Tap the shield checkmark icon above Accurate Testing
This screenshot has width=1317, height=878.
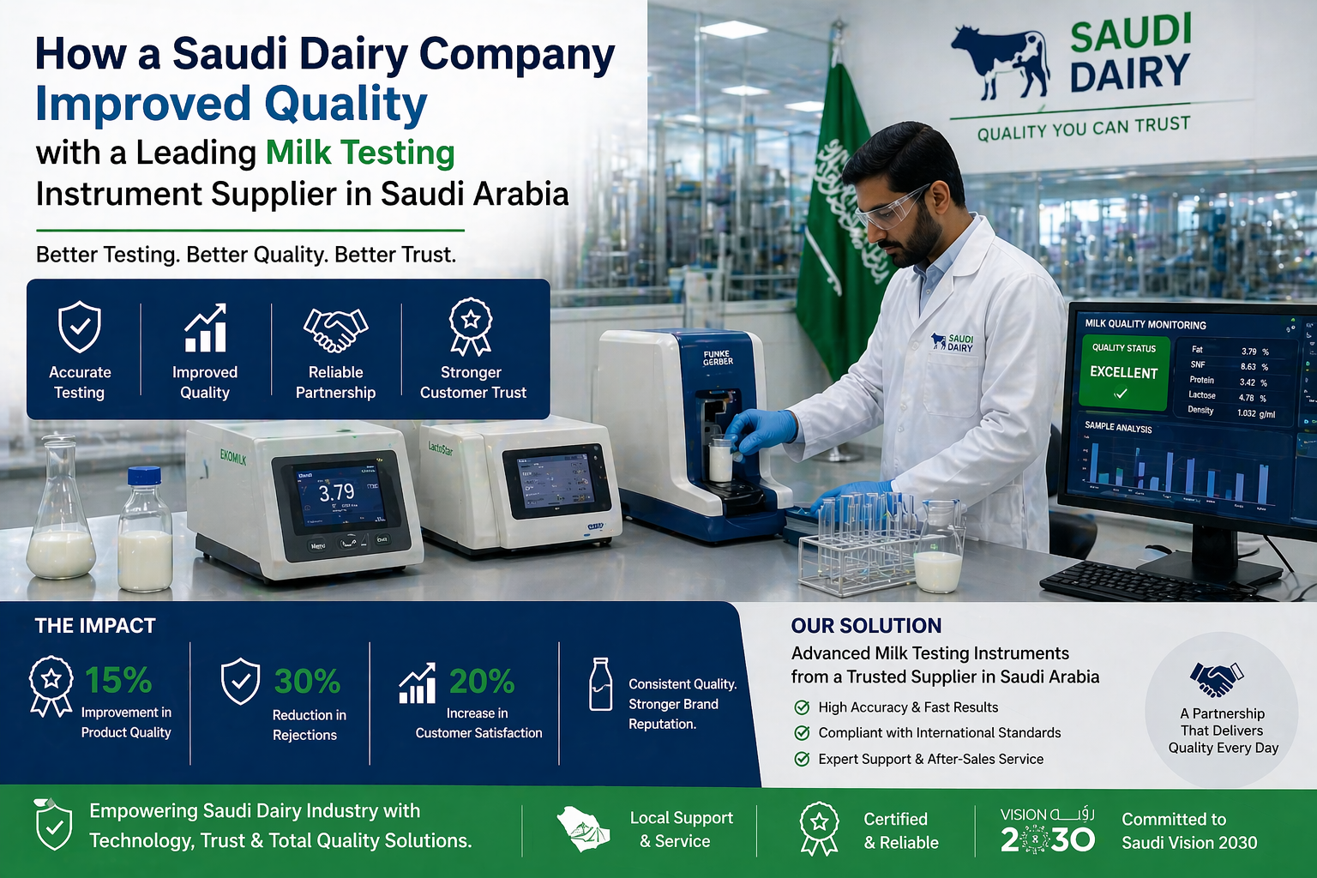[x=80, y=327]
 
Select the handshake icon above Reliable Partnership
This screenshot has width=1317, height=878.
[x=335, y=329]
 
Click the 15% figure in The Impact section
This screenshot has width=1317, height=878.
[x=118, y=681]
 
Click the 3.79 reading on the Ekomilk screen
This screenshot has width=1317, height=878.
[x=336, y=493]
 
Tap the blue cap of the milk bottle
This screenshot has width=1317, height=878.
[x=144, y=476]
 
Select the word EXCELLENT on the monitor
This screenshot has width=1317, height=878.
[x=1123, y=373]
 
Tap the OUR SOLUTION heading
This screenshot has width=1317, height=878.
[x=866, y=626]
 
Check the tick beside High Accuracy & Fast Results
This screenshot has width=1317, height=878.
[x=802, y=707]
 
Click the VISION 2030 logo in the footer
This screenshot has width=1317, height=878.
[x=1047, y=830]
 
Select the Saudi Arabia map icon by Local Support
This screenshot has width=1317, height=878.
[x=583, y=829]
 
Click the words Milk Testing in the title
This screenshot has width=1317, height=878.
[x=360, y=153]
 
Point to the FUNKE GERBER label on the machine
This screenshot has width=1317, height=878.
[x=718, y=358]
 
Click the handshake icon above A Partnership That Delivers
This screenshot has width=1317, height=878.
[x=1216, y=679]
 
